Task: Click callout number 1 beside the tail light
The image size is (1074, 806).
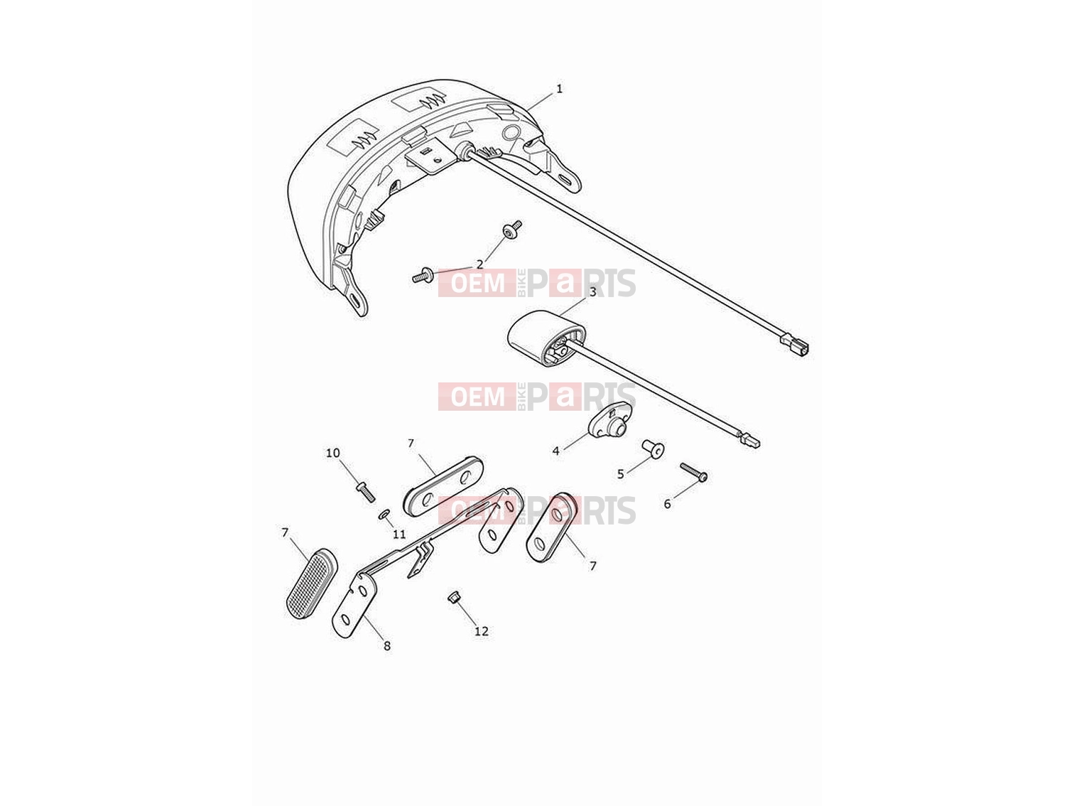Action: tap(559, 89)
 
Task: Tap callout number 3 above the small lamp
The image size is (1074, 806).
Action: tap(592, 292)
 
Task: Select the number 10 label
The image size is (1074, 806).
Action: tap(332, 453)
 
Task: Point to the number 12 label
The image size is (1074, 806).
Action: tap(482, 631)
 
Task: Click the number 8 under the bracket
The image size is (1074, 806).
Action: tap(387, 646)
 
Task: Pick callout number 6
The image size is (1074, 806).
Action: tap(668, 503)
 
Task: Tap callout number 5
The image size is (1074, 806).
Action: tap(620, 473)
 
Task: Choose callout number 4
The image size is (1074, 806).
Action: tap(556, 451)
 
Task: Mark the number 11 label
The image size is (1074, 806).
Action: tap(399, 534)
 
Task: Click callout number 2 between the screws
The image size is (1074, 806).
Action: tap(479, 264)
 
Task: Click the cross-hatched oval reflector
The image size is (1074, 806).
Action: tap(312, 584)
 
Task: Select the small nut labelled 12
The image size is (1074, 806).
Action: tap(453, 598)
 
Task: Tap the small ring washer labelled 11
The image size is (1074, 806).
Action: tap(384, 515)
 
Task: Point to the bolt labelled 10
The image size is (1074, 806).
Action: tap(366, 491)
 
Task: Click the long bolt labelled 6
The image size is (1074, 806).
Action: tap(694, 472)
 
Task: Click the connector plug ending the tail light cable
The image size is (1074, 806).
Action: tap(795, 343)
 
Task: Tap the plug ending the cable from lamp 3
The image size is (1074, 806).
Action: tap(750, 441)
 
